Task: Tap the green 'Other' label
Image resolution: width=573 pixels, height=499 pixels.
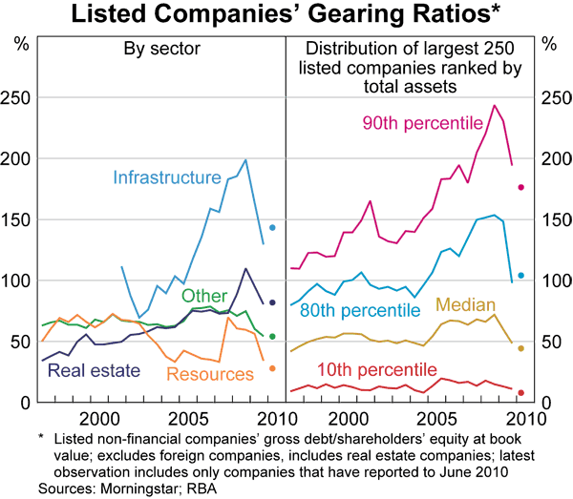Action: coord(203,296)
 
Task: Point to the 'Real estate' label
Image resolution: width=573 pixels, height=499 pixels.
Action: coord(94,370)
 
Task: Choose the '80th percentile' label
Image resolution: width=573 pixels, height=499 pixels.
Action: coord(359,311)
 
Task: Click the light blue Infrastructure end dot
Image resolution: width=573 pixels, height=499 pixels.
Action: coord(272,227)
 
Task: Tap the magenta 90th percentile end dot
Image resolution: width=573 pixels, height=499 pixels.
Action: coord(521,187)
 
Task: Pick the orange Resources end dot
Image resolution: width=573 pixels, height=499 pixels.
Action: coord(272,368)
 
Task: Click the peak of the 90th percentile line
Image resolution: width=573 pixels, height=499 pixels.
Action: coord(495,105)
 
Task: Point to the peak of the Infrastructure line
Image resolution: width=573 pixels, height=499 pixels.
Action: coord(245,159)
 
